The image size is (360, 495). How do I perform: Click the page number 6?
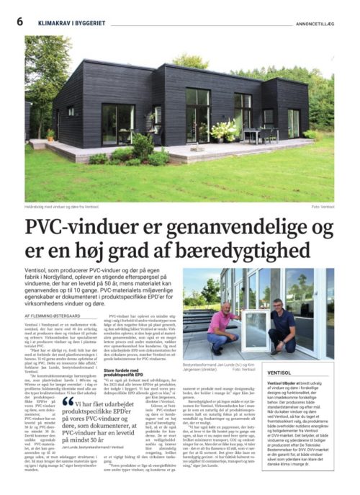(x=19, y=21)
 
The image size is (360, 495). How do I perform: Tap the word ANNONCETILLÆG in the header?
(x=309, y=22)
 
